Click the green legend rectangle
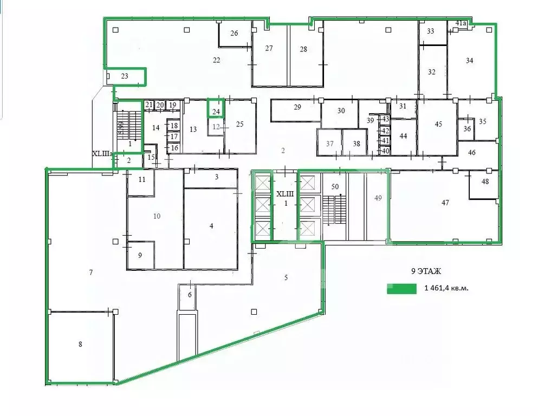coord(401,289)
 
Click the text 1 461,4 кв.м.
coord(446,288)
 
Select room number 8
coord(80,344)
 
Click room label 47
coord(445,203)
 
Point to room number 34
coord(469,61)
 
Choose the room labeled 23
coord(125,76)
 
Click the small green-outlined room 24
coord(216,112)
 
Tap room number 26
coord(234,34)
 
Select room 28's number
coord(303,49)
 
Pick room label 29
coord(297,107)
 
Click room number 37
coord(329,144)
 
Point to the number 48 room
coord(485,181)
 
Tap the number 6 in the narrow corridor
coord(190,295)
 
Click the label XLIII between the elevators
coord(284,193)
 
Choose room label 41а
coord(461,23)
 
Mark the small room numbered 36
coord(466,128)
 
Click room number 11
coord(142,179)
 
